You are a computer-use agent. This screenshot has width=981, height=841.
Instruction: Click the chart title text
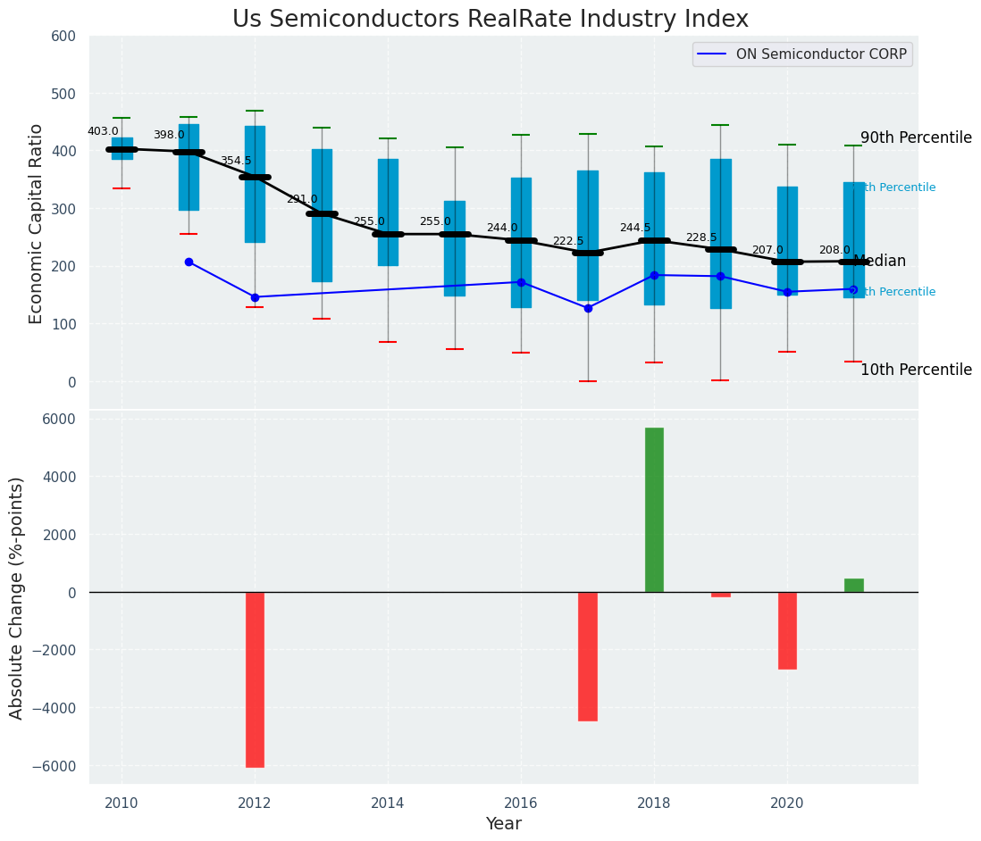[490, 20]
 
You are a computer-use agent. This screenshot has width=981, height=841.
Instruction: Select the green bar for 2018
[654, 510]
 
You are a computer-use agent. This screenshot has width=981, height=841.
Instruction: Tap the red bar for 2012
[255, 679]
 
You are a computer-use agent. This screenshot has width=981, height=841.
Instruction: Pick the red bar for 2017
[587, 656]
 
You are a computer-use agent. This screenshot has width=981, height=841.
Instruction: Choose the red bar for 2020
[787, 630]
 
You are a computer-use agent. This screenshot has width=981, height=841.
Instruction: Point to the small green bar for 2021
[853, 586]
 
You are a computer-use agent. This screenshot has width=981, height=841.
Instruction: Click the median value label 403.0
[103, 131]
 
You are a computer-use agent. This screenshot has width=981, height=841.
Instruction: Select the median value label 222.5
[568, 241]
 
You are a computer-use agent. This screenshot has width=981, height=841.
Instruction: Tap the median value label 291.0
[302, 199]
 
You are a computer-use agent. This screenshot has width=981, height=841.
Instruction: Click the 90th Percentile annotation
[916, 137]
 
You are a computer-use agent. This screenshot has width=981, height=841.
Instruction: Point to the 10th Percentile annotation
[916, 370]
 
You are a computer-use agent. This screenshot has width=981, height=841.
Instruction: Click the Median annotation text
[880, 262]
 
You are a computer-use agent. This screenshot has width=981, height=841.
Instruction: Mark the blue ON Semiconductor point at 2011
[189, 262]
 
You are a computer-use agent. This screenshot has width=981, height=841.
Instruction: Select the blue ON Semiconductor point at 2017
[588, 308]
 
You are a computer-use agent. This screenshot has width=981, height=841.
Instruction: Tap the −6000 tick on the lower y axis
[53, 766]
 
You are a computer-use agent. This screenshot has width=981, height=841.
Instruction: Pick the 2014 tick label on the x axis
[388, 804]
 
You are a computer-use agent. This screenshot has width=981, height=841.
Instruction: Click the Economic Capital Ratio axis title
[37, 223]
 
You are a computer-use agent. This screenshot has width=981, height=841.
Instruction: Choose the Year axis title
[503, 824]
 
